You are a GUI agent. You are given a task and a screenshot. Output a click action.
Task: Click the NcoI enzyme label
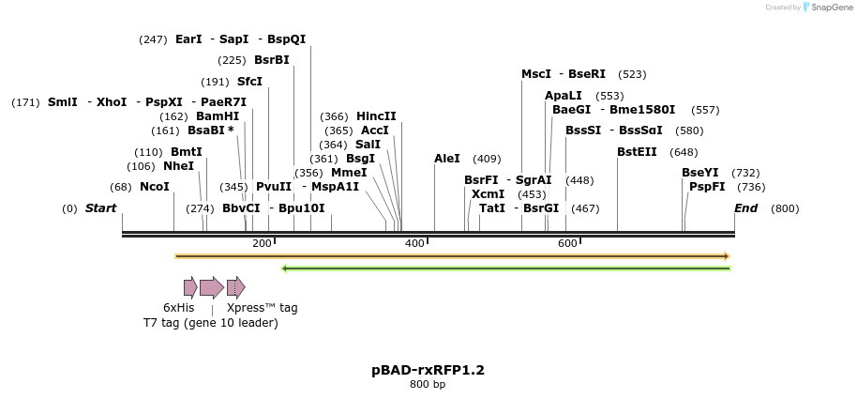pos(155,187)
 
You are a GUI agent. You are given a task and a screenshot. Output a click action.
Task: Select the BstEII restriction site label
pos(637,152)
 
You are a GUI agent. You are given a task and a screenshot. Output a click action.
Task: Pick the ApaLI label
pos(564,96)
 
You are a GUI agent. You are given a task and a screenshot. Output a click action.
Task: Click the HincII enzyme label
pos(376,116)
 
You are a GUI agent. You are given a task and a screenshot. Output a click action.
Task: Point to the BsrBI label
pos(272,60)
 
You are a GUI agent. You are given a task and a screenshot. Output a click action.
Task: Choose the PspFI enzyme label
pos(707,187)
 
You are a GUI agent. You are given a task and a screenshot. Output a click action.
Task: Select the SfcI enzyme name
pos(249,82)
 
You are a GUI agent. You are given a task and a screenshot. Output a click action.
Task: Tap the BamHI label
pos(218,116)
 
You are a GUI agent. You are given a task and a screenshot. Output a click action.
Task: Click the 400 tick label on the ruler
pos(413,244)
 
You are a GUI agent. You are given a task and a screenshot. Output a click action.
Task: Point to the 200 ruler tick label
pos(262,244)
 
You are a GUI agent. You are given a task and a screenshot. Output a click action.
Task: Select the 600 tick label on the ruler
pos(566,244)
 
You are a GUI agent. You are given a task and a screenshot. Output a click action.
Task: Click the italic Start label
pos(101,207)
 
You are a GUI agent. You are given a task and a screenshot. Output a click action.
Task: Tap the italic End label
pos(745,207)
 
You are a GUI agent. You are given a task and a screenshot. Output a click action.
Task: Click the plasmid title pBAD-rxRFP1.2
pos(428,370)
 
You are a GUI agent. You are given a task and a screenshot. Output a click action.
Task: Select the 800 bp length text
pos(428,384)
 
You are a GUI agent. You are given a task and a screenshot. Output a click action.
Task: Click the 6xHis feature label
pos(179,308)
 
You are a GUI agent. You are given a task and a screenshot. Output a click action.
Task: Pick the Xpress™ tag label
pos(262,308)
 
